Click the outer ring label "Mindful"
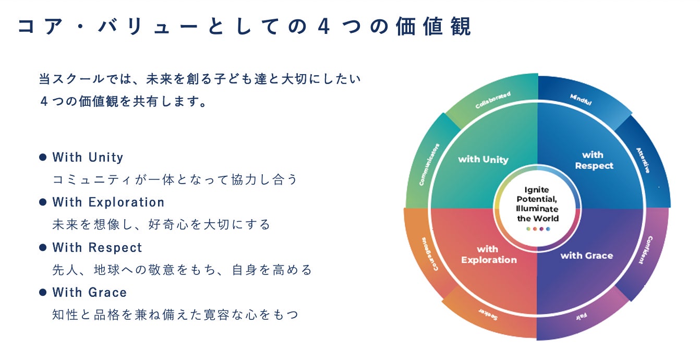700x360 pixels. (x=581, y=100)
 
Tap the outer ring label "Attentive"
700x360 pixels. (x=643, y=160)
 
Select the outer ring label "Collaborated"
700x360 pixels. (x=492, y=100)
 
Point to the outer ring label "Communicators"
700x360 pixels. (x=429, y=164)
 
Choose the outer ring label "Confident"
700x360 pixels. (x=645, y=250)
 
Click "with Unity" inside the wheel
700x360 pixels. (x=483, y=159)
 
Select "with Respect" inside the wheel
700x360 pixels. (x=594, y=160)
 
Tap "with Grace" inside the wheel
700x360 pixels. (x=586, y=256)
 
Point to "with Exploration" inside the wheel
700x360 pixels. (x=489, y=255)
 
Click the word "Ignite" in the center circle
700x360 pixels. (x=537, y=190)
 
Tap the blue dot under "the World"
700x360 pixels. (x=548, y=229)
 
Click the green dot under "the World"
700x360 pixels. (x=528, y=229)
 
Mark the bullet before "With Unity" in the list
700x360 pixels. (x=43, y=157)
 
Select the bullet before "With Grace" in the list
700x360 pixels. (x=43, y=292)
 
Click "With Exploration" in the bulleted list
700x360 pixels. (x=108, y=202)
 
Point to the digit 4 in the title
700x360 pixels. (x=324, y=27)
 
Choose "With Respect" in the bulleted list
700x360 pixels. (x=97, y=247)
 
